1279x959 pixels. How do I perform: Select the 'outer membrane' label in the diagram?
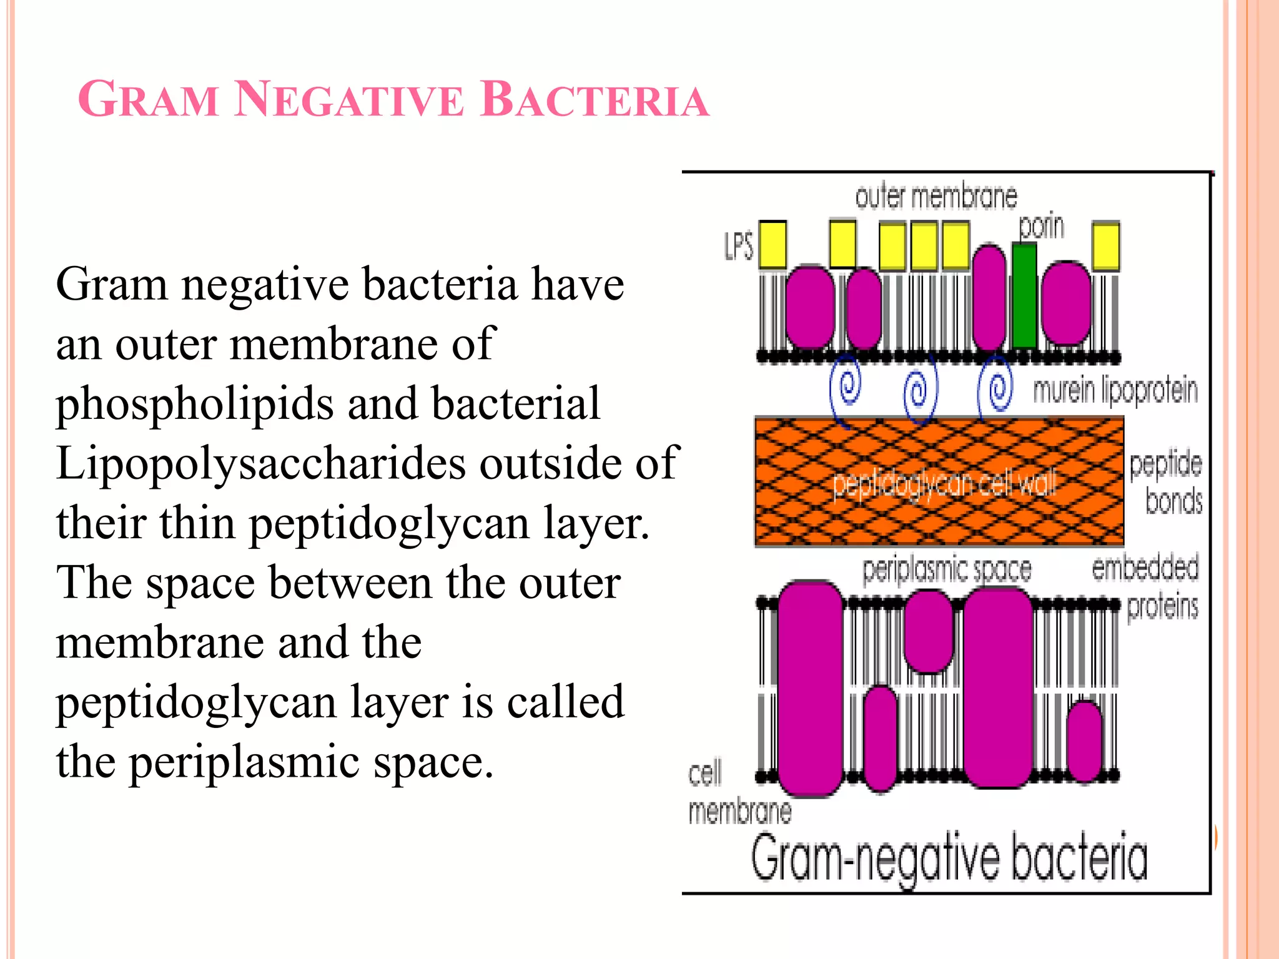pyautogui.click(x=936, y=197)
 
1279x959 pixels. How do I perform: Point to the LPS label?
pyautogui.click(x=739, y=246)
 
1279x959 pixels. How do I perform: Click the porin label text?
pyautogui.click(x=1041, y=226)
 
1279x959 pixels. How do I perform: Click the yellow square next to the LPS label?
pyautogui.click(x=773, y=244)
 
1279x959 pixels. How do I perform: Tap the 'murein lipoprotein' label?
pyautogui.click(x=1115, y=390)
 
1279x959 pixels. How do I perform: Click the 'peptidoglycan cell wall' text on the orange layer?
pyautogui.click(x=944, y=484)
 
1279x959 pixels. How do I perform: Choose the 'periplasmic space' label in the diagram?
pyautogui.click(x=947, y=570)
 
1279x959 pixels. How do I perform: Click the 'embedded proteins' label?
pyautogui.click(x=1145, y=587)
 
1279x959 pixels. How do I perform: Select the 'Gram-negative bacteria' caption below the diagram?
pyautogui.click(x=949, y=858)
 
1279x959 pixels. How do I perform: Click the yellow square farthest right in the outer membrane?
pyautogui.click(x=1106, y=246)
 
